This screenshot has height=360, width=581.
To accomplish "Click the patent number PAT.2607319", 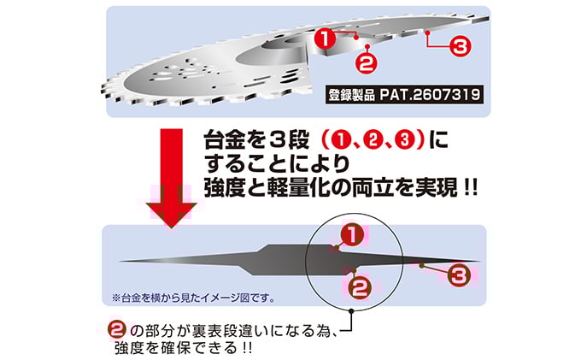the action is click(x=430, y=95).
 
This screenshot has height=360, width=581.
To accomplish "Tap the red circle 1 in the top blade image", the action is click(x=326, y=38).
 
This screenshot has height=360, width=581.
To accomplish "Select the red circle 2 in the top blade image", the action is click(x=367, y=62).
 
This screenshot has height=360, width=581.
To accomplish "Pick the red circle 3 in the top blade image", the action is click(x=460, y=47).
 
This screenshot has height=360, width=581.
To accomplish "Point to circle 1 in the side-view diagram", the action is click(x=352, y=234).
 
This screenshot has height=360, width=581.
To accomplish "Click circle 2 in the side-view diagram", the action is click(x=359, y=287).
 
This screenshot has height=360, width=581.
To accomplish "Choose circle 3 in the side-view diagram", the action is click(x=459, y=276).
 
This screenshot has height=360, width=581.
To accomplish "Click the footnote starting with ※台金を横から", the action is click(x=193, y=298).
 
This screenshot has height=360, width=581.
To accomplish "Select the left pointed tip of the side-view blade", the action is click(x=120, y=261).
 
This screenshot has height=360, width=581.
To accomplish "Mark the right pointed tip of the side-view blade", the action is click(x=479, y=261).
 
